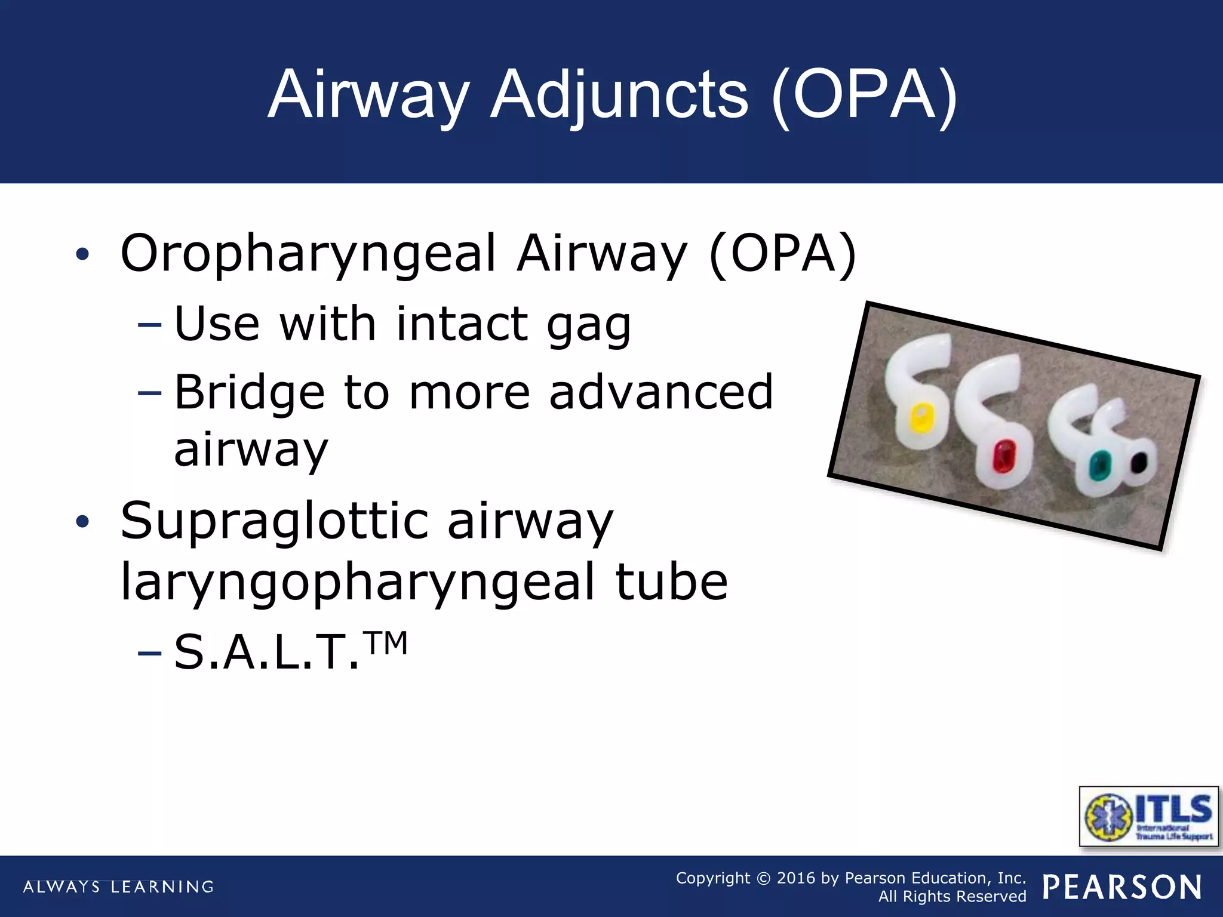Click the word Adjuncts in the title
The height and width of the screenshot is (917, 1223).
pyautogui.click(x=619, y=96)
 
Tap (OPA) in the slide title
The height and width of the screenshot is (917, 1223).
pyautogui.click(x=864, y=96)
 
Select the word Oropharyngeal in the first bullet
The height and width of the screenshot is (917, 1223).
pyautogui.click(x=308, y=254)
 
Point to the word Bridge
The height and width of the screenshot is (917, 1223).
pyautogui.click(x=250, y=392)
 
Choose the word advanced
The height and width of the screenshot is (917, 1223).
pyautogui.click(x=661, y=392)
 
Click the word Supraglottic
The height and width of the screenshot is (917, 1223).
pyautogui.click(x=274, y=521)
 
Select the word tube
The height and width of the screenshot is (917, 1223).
pyautogui.click(x=671, y=582)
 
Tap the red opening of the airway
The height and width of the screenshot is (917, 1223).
pyautogui.click(x=1004, y=456)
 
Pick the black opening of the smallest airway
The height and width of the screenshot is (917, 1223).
pyautogui.click(x=1139, y=462)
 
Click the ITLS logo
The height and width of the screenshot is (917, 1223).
pyautogui.click(x=1148, y=816)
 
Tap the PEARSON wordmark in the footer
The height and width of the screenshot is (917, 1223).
pyautogui.click(x=1122, y=887)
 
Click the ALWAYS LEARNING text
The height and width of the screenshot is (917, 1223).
pyautogui.click(x=118, y=887)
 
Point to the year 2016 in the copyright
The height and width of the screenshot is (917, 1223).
pyautogui.click(x=795, y=878)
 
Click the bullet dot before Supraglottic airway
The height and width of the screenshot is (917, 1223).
pyautogui.click(x=82, y=522)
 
